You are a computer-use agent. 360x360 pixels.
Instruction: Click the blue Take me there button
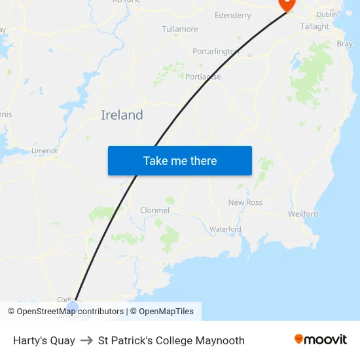pyautogui.click(x=179, y=160)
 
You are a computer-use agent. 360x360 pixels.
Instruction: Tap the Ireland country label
pyautogui.click(x=122, y=115)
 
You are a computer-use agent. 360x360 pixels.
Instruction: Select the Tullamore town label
pyautogui.click(x=180, y=29)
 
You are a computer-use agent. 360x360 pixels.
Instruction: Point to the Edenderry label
pyautogui.click(x=232, y=15)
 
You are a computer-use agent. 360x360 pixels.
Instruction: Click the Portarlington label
pyautogui.click(x=216, y=51)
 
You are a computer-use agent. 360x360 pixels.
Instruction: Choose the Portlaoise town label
pyautogui.click(x=203, y=77)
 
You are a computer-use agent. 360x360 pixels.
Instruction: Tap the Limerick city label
pyautogui.click(x=45, y=151)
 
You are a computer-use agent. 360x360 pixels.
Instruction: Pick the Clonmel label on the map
pyautogui.click(x=154, y=210)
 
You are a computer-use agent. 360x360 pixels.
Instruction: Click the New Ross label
pyautogui.click(x=245, y=202)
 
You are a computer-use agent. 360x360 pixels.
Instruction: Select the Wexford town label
pyautogui.click(x=303, y=213)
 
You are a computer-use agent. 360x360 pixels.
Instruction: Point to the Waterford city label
pyautogui.click(x=225, y=229)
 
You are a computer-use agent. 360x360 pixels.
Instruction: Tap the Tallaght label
pyautogui.click(x=314, y=27)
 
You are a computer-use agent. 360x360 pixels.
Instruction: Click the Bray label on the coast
pyautogui.click(x=344, y=44)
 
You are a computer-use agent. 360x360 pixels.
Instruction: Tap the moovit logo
pyautogui.click(x=321, y=340)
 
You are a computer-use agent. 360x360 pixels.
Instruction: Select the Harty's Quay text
pyautogui.click(x=44, y=340)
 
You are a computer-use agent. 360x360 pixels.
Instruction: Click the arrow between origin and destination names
pyautogui.click(x=86, y=340)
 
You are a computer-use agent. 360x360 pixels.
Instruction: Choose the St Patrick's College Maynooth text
pyautogui.click(x=171, y=340)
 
